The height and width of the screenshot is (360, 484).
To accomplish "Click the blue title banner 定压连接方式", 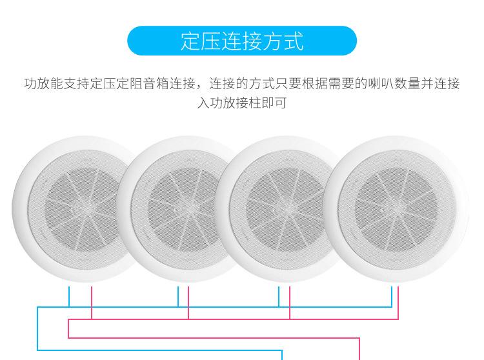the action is click(x=242, y=41).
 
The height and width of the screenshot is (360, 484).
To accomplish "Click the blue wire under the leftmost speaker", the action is click(x=69, y=297).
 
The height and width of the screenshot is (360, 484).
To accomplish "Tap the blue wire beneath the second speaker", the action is click(x=178, y=297).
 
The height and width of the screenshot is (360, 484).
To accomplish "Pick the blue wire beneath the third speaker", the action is click(x=279, y=297).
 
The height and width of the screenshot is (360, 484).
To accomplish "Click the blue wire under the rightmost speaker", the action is click(x=392, y=297).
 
